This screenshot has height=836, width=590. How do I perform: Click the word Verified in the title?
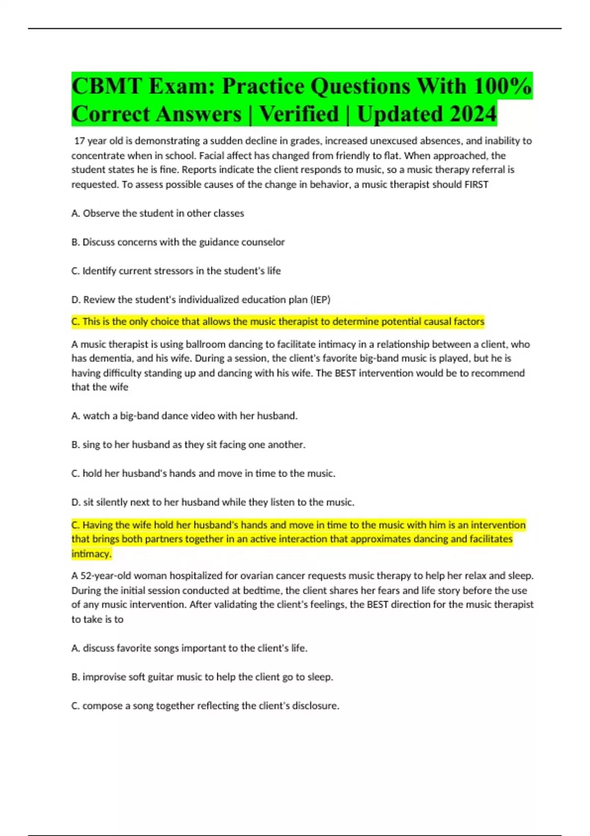click(x=299, y=114)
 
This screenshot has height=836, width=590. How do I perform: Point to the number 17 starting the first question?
click(x=79, y=141)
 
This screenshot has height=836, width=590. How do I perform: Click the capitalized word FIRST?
click(x=476, y=184)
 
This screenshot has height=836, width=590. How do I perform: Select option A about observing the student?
click(x=157, y=213)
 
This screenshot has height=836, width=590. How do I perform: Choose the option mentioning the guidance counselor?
click(x=178, y=242)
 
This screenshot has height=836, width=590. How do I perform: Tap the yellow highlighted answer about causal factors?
click(x=278, y=322)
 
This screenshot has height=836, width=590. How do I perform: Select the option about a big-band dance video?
click(x=184, y=416)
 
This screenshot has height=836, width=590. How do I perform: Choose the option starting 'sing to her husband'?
click(x=188, y=445)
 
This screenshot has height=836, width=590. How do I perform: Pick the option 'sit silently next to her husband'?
click(x=213, y=502)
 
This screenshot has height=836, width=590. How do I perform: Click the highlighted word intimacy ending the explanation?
click(x=91, y=554)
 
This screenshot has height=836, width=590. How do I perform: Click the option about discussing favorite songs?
click(x=189, y=648)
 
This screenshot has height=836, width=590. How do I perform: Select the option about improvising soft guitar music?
click(x=202, y=677)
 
